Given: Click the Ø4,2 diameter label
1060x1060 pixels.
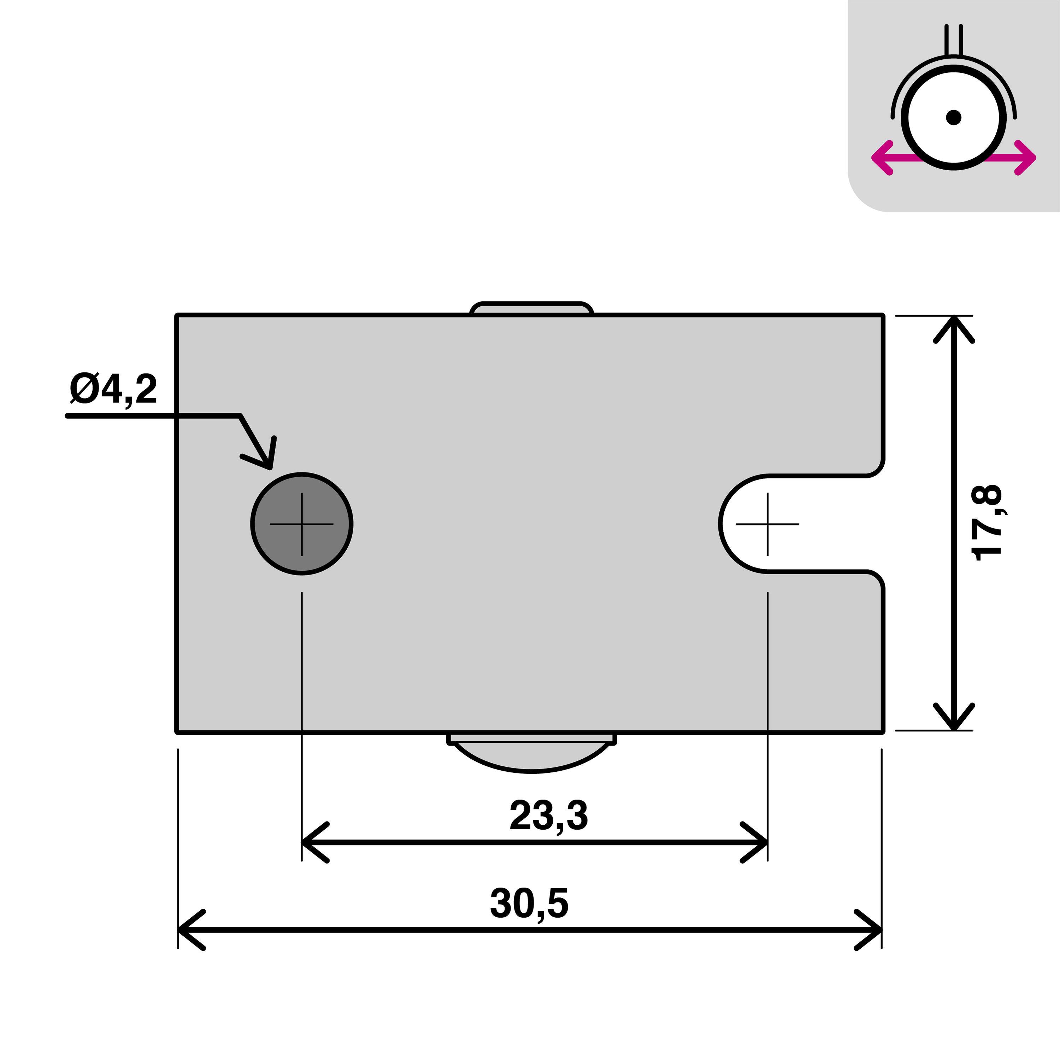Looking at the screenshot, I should [x=113, y=389].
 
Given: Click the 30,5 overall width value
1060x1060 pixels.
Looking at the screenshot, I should [x=529, y=903].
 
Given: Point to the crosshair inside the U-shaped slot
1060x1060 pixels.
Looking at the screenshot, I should [x=767, y=524].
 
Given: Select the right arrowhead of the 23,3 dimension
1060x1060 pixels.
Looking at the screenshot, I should [x=758, y=842].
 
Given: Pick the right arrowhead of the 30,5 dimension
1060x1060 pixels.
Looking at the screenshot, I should [x=872, y=930].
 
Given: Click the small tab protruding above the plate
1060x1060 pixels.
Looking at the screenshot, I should [x=531, y=308].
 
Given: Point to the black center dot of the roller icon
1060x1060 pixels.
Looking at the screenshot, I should [x=954, y=117].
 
